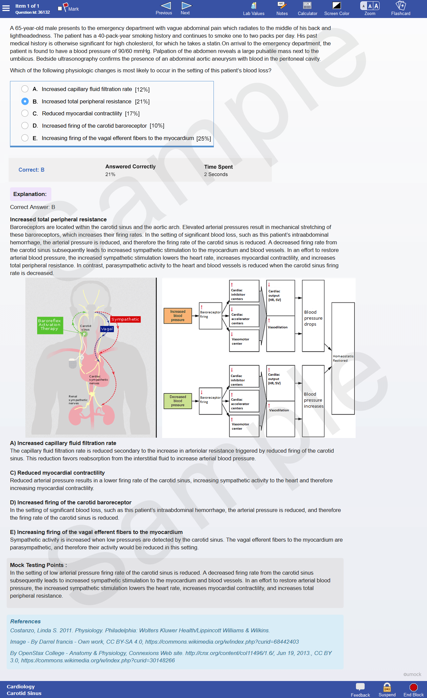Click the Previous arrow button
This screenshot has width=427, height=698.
166,6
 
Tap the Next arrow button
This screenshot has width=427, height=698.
186,6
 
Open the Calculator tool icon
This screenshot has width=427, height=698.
307,5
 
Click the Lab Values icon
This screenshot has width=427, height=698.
254,5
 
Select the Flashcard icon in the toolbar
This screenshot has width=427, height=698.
401,5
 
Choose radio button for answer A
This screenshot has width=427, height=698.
25,89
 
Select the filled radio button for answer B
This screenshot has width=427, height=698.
25,101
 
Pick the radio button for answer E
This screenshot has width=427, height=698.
25,138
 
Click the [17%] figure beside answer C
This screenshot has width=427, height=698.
132,114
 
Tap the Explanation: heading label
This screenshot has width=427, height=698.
30,194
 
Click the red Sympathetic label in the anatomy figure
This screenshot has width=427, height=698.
125,319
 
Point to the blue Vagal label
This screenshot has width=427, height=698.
107,329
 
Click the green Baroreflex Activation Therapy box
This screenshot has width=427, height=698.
49,325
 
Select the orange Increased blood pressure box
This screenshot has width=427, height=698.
178,316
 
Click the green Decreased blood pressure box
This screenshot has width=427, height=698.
178,401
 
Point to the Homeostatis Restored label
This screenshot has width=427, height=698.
343,358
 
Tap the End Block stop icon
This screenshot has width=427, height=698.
414,687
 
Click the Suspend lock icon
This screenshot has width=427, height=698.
387,687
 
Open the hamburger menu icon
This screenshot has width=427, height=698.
6,8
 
